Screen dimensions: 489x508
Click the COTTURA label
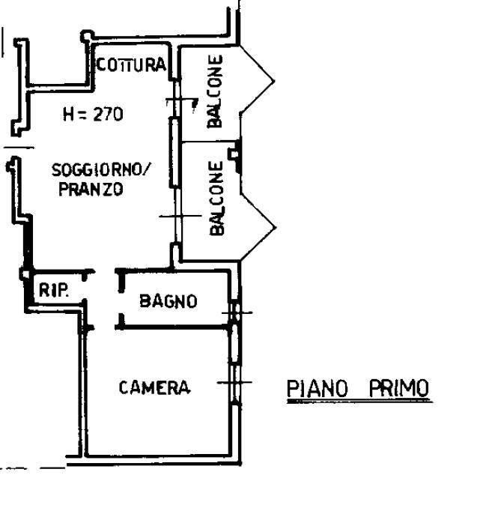pos(131,64)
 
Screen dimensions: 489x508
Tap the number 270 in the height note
pos(109,114)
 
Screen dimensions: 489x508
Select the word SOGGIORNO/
pos(101,169)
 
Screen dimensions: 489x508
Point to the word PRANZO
pos(91,189)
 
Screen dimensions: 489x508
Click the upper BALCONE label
pos(215,91)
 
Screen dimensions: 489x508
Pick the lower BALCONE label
pos(216,198)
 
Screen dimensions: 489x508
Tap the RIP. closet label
pos(54,290)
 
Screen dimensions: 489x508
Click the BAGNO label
pos(168,301)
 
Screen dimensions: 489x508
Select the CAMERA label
pos(154,387)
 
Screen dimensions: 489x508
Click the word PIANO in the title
pos(318,388)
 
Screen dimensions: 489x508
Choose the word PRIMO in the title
pos(399,388)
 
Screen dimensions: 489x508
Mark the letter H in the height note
pos(69,115)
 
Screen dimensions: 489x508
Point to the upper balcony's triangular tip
pos(275,82)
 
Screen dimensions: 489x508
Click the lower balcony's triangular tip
pos(276,228)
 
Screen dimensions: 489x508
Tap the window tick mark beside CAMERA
pos(234,382)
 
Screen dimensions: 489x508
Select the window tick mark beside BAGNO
pos(237,312)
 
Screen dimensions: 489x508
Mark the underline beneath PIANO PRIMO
pos(360,402)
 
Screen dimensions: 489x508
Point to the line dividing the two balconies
pos(210,142)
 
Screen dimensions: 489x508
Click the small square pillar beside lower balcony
pos(234,154)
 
